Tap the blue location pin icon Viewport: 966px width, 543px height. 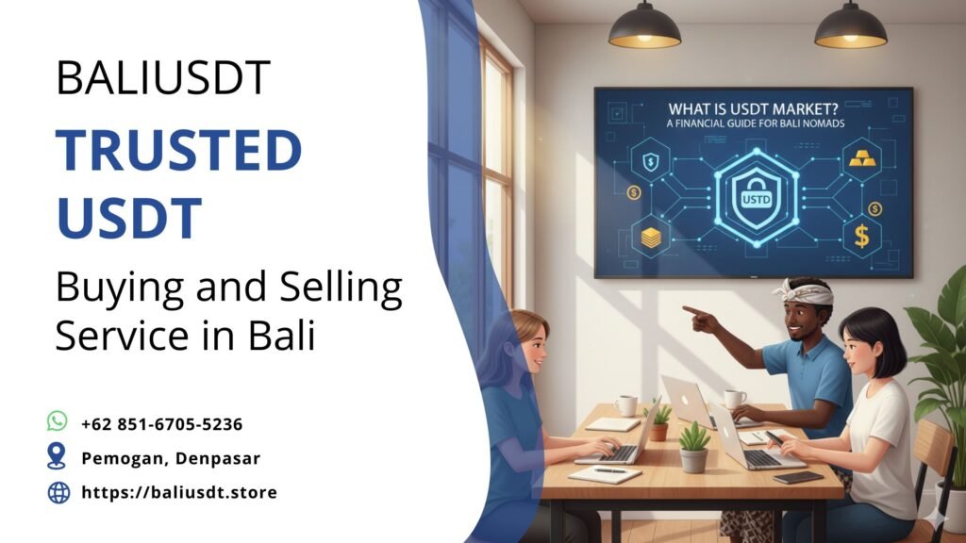58,457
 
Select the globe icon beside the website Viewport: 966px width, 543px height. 58,491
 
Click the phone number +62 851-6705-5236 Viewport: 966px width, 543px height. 162,423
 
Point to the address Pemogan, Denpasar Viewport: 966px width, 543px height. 170,458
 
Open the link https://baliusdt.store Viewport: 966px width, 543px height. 179,492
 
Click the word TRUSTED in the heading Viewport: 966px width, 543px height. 178,151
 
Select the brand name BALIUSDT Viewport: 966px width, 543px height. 163,79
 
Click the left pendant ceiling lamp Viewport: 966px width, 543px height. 644,28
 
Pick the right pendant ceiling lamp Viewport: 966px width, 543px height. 850,28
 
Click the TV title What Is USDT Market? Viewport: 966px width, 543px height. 752,107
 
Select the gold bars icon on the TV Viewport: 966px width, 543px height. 862,157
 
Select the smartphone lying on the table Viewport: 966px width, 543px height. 797,477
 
